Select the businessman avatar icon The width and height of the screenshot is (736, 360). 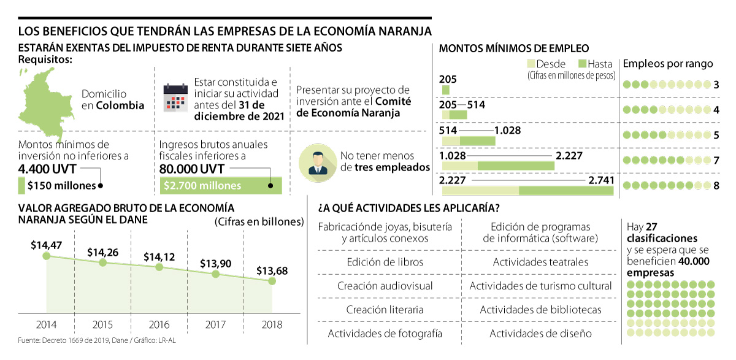(x=317, y=161)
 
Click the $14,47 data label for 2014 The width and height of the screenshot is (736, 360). (x=46, y=245)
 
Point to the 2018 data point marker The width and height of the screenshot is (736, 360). (x=272, y=281)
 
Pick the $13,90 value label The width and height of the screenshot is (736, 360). (x=215, y=263)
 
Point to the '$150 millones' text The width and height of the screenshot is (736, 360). (x=61, y=186)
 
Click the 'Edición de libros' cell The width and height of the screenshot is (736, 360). (x=385, y=262)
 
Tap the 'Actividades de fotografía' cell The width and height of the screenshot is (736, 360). (x=385, y=334)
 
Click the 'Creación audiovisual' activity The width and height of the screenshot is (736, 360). (x=385, y=286)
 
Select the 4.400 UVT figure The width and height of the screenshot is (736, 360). (x=47, y=169)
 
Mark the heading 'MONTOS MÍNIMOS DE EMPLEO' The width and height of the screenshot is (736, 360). (x=515, y=48)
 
